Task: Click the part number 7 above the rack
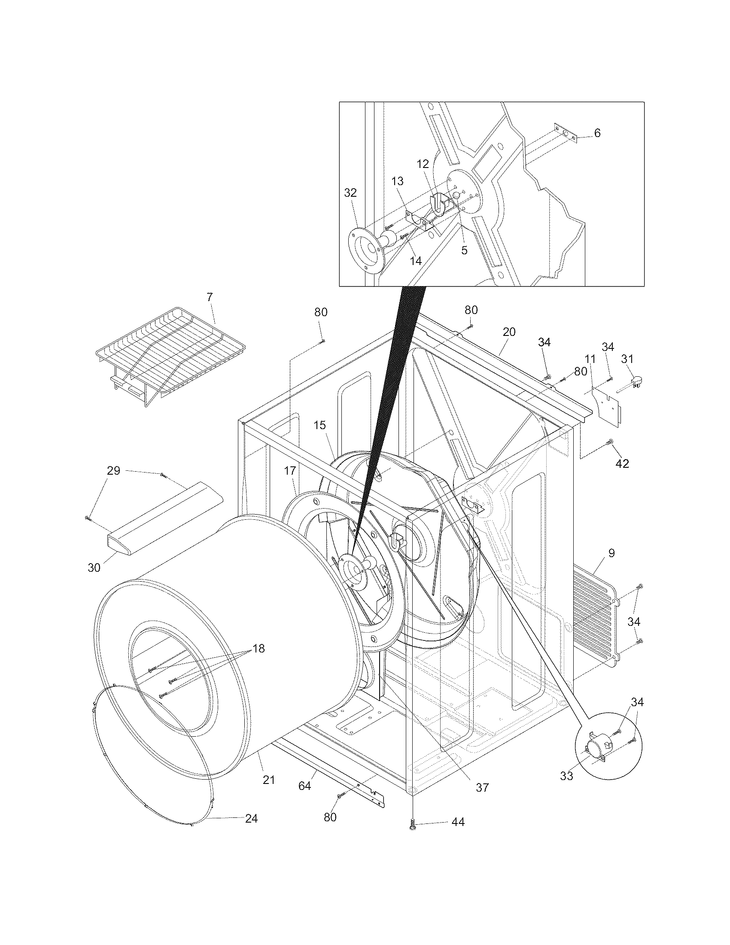209,297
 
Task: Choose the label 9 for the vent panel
611,553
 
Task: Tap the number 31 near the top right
627,359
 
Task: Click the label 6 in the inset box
597,133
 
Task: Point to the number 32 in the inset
350,193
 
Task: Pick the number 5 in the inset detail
464,250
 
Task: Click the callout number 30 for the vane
94,567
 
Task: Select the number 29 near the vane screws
113,470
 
